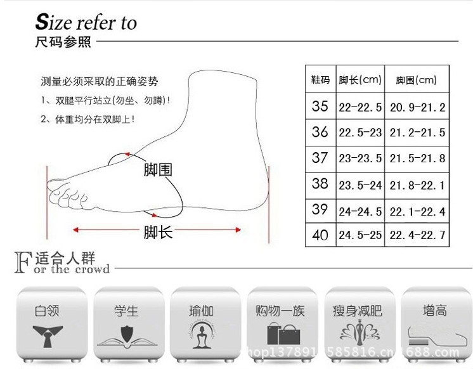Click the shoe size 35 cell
click(x=320, y=106)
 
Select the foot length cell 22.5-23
click(x=360, y=132)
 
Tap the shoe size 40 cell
click(x=320, y=235)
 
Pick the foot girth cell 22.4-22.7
click(x=417, y=235)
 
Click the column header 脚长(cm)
click(x=360, y=80)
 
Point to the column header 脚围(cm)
click(x=417, y=80)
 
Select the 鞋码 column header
click(x=320, y=80)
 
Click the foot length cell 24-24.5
click(x=360, y=210)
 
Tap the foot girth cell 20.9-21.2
click(x=417, y=106)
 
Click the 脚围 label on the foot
click(x=158, y=170)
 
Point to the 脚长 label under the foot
click(x=158, y=232)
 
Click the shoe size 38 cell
click(x=320, y=184)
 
